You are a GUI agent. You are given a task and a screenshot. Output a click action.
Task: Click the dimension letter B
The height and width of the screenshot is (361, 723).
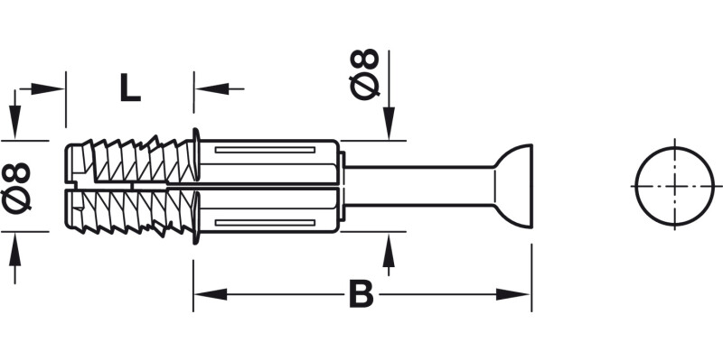[361, 294]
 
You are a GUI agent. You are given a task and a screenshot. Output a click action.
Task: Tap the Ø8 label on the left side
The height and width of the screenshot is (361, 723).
[17, 187]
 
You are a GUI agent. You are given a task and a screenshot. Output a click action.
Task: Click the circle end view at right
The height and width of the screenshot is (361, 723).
[674, 184]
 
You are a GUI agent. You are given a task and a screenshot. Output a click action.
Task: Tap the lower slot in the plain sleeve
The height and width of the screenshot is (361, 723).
[268, 222]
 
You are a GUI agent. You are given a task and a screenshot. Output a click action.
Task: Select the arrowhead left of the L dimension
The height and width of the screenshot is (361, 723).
[54, 88]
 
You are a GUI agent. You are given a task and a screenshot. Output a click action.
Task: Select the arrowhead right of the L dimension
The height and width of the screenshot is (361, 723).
[205, 88]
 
